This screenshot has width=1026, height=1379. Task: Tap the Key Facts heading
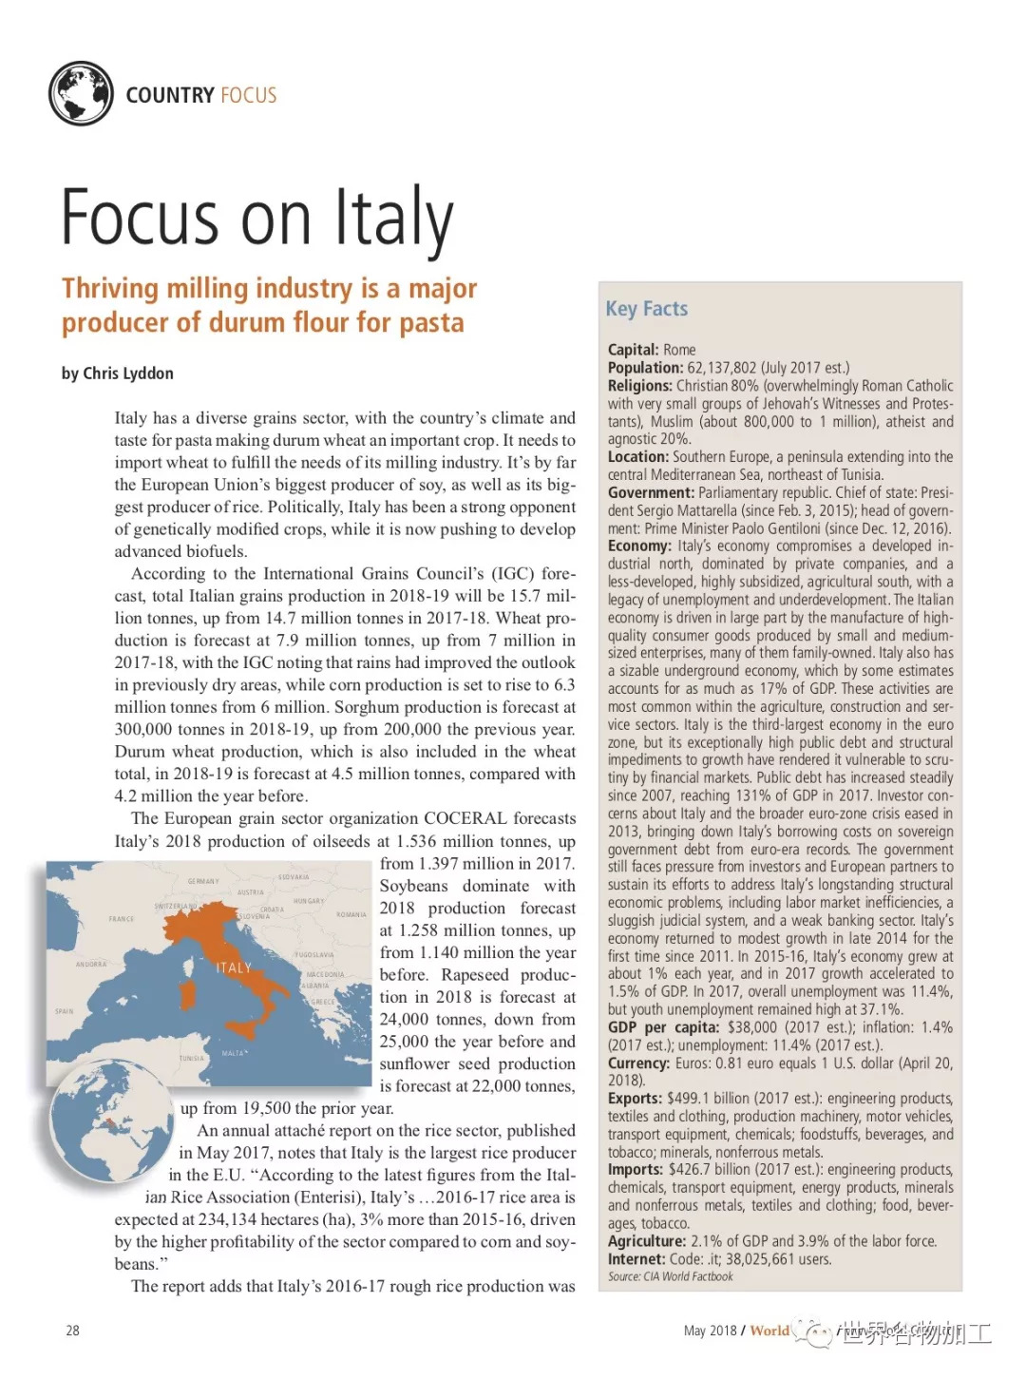(x=646, y=309)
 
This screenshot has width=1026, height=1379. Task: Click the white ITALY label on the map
(x=233, y=967)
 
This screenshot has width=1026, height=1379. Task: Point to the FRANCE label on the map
(x=122, y=919)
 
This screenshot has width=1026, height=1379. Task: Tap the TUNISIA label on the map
(x=192, y=1058)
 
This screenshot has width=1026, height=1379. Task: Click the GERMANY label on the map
(x=203, y=881)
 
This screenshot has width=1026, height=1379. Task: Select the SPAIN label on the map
(x=64, y=1011)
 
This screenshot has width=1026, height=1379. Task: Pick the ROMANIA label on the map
(x=351, y=914)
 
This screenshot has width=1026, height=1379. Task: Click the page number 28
(x=72, y=1331)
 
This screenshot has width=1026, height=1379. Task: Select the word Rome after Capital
(x=679, y=350)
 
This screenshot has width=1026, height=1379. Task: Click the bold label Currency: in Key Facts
(x=639, y=1063)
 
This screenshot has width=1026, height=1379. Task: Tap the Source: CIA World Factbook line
(x=671, y=1276)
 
